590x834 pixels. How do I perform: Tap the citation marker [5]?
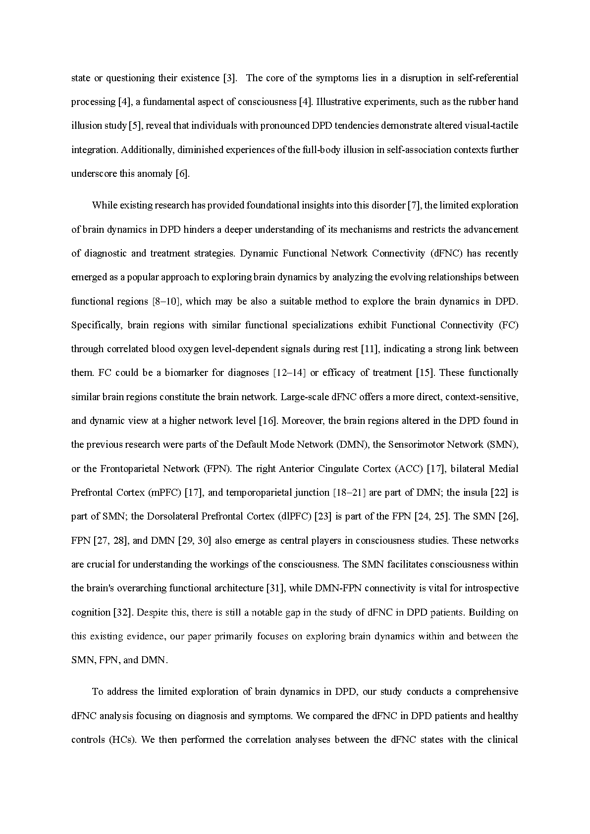point(135,126)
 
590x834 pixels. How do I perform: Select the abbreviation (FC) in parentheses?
point(508,325)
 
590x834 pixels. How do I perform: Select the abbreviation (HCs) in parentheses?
point(121,740)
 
